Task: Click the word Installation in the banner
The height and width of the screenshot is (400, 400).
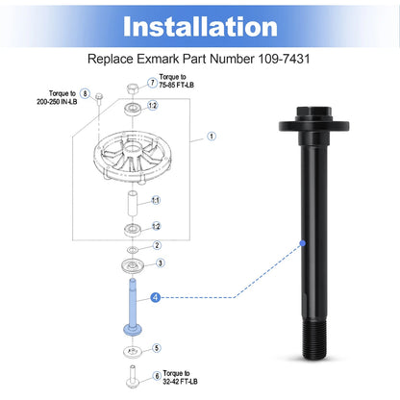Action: pos(200,27)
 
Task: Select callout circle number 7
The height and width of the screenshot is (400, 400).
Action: pos(153,83)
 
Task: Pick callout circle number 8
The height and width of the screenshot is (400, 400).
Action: pos(85,93)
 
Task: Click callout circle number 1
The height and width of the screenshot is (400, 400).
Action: pos(212,137)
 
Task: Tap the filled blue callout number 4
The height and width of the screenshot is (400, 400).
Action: pos(156,297)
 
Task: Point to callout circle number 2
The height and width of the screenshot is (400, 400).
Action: pos(157,245)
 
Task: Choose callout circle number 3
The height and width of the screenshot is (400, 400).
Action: pos(161,263)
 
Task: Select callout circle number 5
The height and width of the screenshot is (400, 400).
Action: pos(157,348)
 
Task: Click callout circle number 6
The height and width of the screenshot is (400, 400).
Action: pos(157,376)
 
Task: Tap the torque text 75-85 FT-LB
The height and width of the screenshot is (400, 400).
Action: pos(177,86)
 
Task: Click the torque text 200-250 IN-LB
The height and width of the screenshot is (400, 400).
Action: pos(57,102)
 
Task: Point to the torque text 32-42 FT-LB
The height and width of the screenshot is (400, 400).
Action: pos(180,382)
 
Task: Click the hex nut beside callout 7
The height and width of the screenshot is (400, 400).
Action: pos(133,88)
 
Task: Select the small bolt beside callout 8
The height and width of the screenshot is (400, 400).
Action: pos(99,98)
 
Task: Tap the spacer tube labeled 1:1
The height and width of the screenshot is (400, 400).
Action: pos(133,204)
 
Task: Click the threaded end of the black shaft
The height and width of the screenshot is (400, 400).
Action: pos(314,340)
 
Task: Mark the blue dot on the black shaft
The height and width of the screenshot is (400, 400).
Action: pos(303,243)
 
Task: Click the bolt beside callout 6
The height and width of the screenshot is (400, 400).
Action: pos(132,377)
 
